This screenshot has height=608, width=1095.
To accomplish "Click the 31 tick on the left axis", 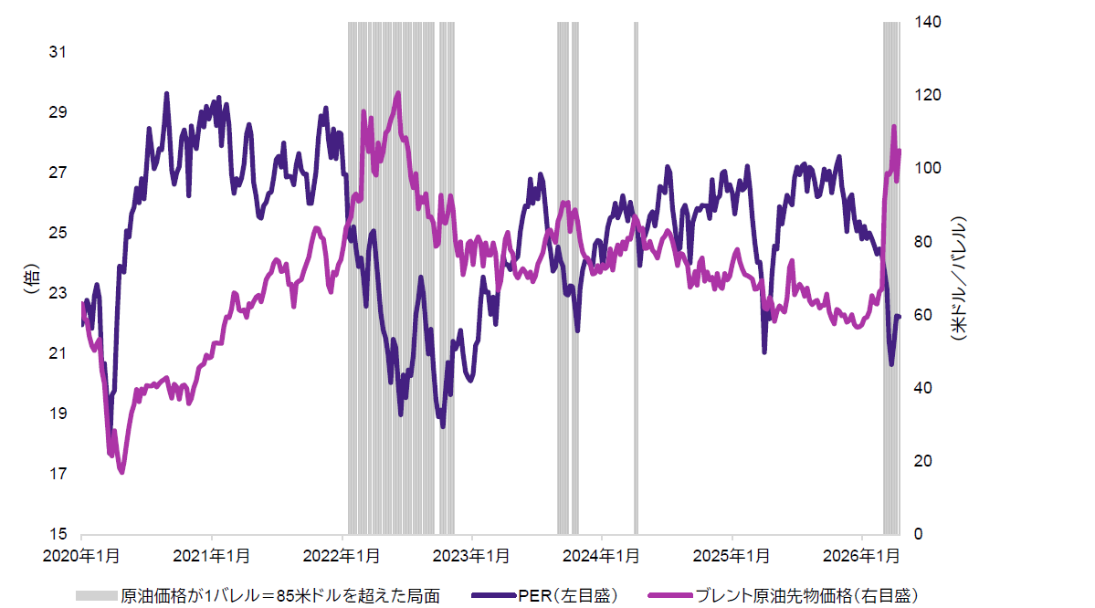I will (58, 52).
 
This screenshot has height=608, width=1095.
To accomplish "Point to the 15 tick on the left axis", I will (58, 534).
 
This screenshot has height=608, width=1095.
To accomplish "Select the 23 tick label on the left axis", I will (58, 293).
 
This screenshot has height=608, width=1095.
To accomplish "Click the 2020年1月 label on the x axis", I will (81, 556).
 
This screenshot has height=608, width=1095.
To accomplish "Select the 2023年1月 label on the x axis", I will (472, 556).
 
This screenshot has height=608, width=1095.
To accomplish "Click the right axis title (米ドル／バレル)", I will (958, 278).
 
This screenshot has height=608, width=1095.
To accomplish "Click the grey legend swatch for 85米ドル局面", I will (96, 595).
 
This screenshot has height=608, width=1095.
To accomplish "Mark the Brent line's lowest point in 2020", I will (121, 471).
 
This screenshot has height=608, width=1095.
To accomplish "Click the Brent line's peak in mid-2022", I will (397, 93).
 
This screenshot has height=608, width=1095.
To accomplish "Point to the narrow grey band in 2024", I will (636, 274).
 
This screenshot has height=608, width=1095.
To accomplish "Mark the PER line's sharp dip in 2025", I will (764, 351).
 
